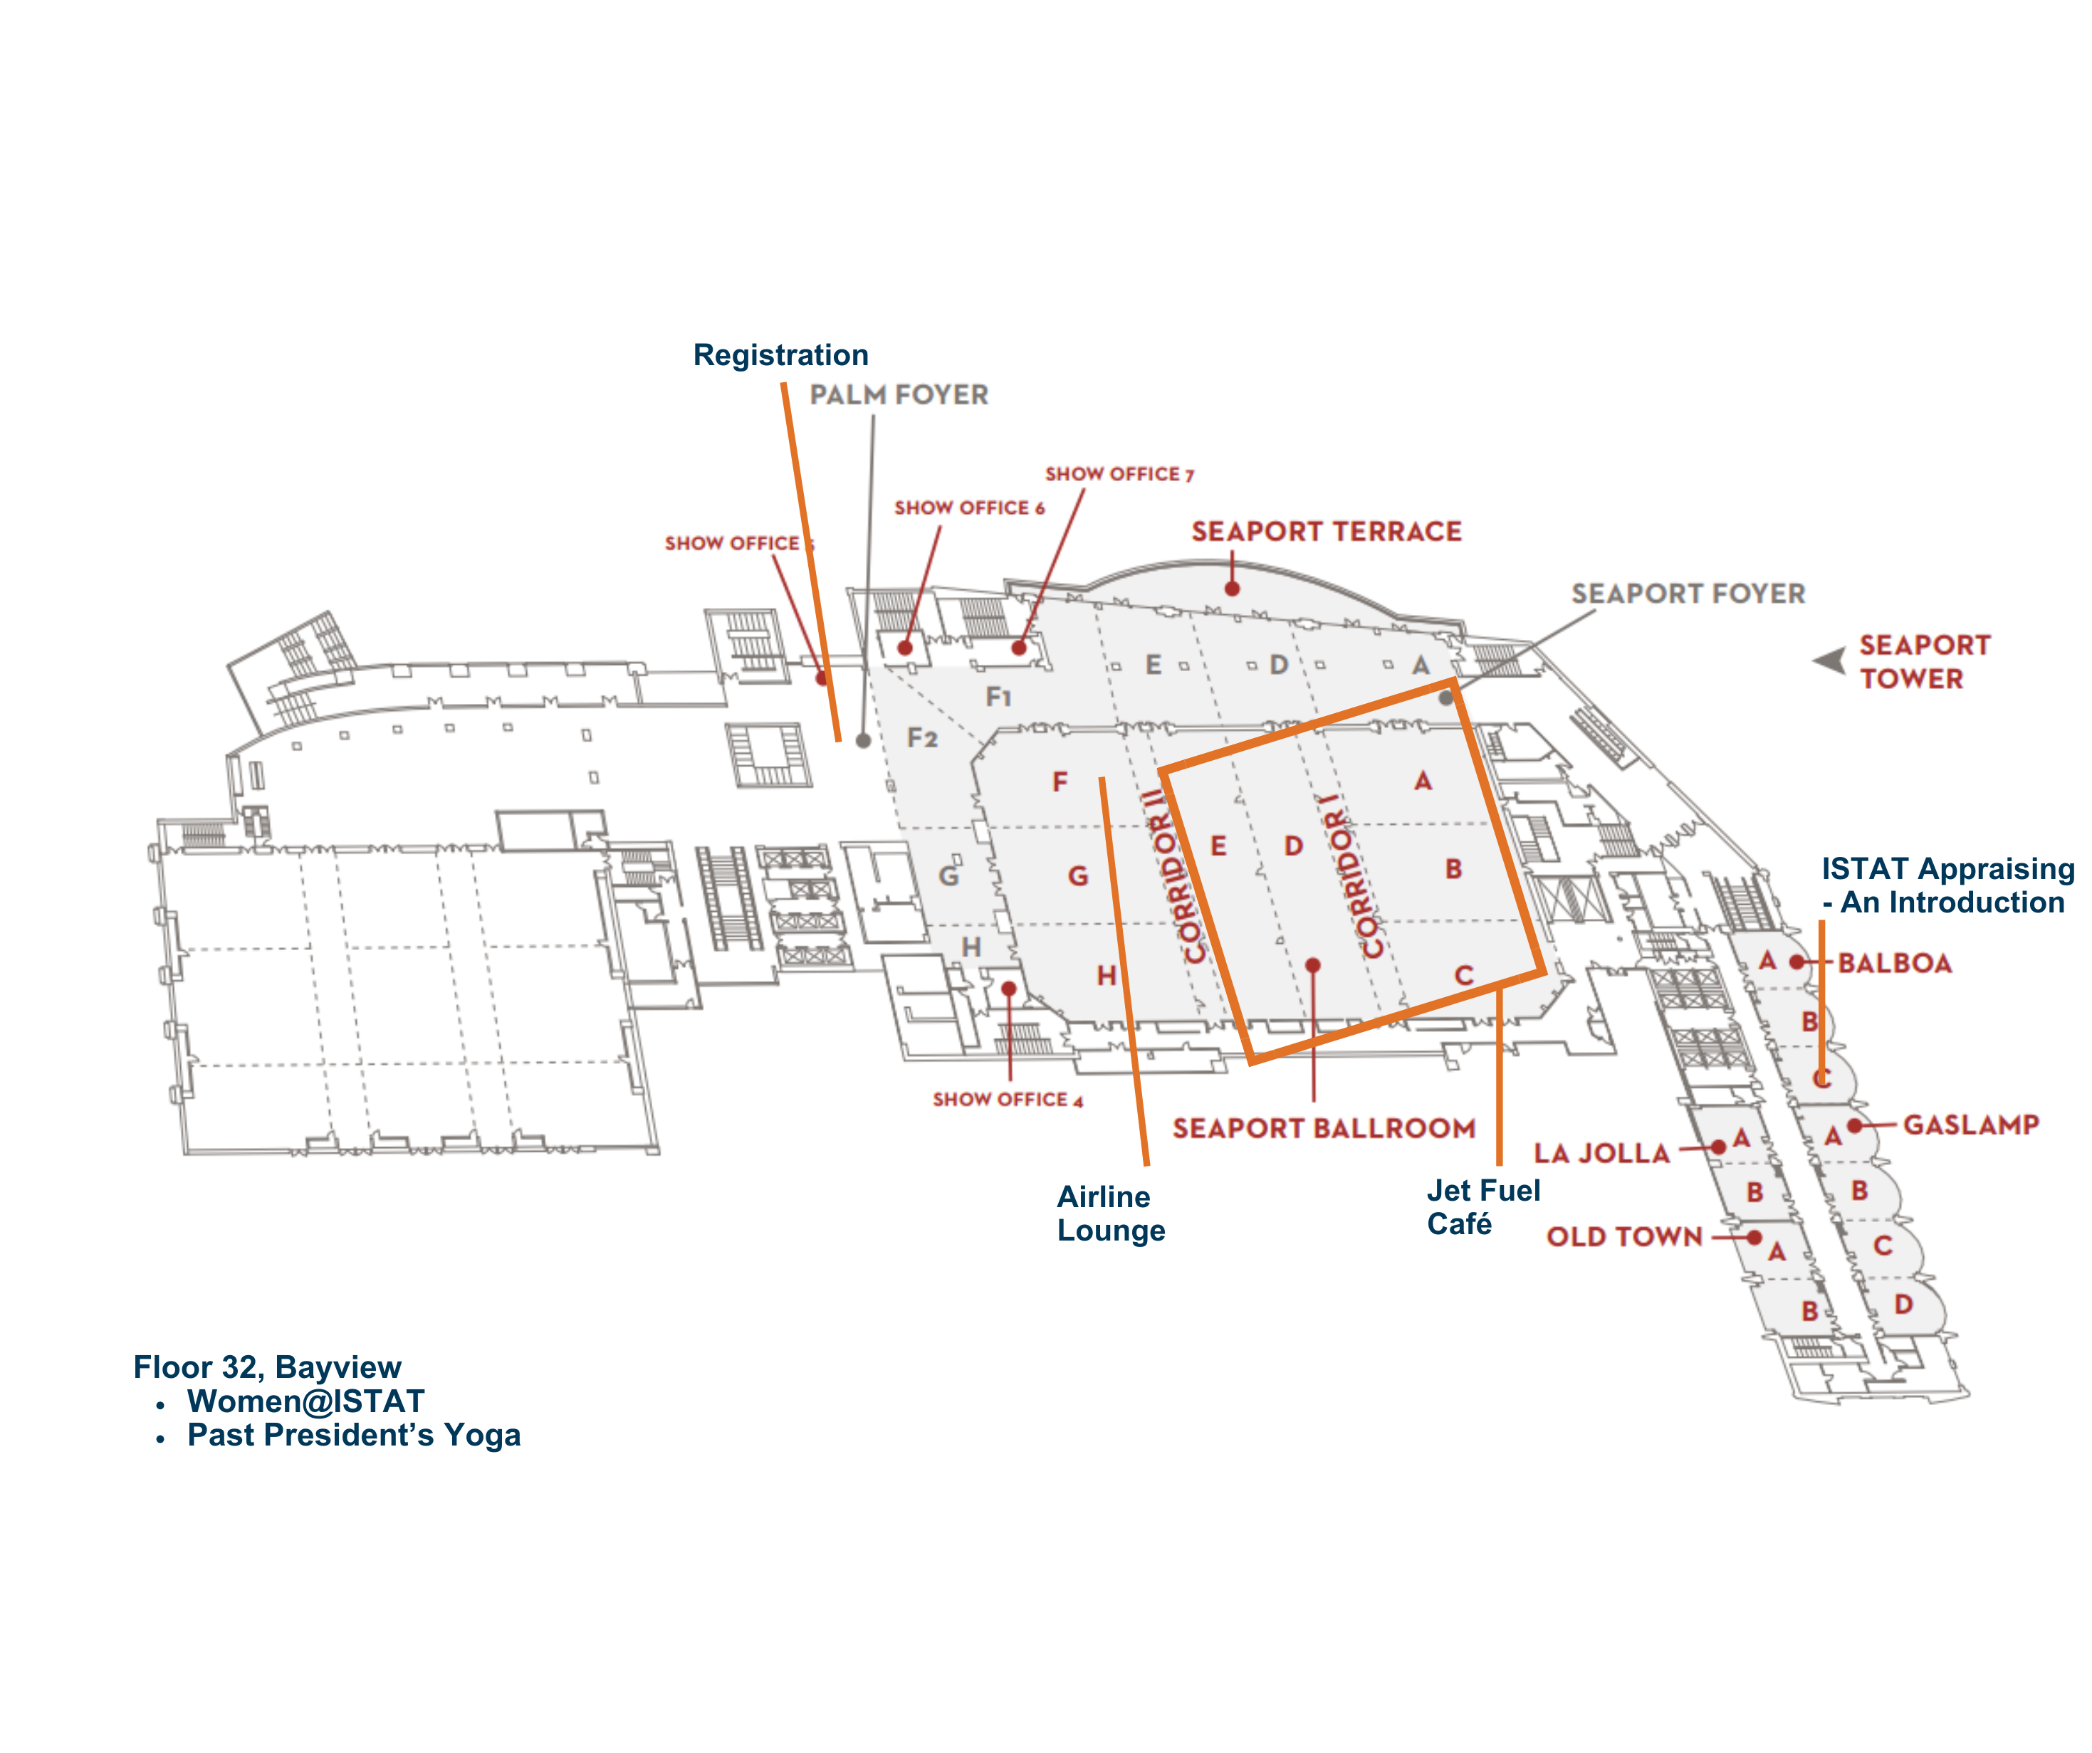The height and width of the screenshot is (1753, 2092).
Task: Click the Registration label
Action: click(780, 356)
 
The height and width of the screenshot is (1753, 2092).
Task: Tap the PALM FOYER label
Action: click(899, 396)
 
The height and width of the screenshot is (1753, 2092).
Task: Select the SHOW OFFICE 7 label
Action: click(1119, 474)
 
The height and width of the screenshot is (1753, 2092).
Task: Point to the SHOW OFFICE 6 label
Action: click(969, 508)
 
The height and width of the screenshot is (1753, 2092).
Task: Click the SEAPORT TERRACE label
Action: click(1326, 532)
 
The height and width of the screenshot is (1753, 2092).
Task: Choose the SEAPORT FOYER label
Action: click(1688, 594)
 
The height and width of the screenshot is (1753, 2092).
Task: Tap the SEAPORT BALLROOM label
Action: click(1323, 1129)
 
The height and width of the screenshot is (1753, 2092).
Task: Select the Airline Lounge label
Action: click(1110, 1214)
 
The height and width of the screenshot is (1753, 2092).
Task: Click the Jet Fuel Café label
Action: click(1482, 1206)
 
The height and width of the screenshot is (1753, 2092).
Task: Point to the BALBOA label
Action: click(1894, 963)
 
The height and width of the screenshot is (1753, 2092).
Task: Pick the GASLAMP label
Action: click(1970, 1125)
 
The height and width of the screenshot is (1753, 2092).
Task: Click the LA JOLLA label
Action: click(1601, 1154)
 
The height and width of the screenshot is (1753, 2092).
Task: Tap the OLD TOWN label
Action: click(1623, 1237)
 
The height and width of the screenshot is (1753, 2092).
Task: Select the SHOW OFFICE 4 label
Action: click(1007, 1100)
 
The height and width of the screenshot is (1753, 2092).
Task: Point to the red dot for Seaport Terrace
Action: click(1233, 589)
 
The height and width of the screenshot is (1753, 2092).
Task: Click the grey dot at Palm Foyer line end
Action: click(864, 741)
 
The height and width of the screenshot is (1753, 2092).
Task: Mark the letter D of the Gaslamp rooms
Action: click(1903, 1304)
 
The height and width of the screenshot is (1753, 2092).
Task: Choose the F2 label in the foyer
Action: click(921, 738)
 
